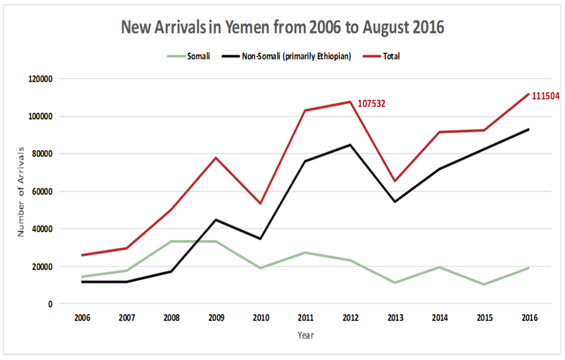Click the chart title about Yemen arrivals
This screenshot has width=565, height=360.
pyautogui.click(x=282, y=28)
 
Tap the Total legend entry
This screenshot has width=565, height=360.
pyautogui.click(x=392, y=56)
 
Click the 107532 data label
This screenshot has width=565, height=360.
pyautogui.click(x=371, y=104)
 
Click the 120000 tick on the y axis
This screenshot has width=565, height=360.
pyautogui.click(x=41, y=79)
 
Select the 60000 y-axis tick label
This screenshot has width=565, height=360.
pyautogui.click(x=43, y=191)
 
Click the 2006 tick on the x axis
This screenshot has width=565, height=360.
pyautogui.click(x=82, y=317)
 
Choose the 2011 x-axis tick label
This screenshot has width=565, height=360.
pyautogui.click(x=305, y=317)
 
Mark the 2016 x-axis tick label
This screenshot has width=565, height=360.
pyautogui.click(x=528, y=317)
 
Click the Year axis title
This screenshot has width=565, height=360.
pyautogui.click(x=305, y=335)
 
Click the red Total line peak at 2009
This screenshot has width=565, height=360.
pyautogui.click(x=216, y=158)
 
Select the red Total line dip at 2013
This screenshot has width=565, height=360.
pyautogui.click(x=394, y=181)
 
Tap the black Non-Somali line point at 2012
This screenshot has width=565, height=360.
pyautogui.click(x=350, y=145)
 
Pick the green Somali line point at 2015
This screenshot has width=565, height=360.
pyautogui.click(x=484, y=284)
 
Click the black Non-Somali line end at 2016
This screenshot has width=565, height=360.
pyautogui.click(x=528, y=129)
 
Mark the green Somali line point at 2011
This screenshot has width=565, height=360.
pyautogui.click(x=305, y=253)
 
